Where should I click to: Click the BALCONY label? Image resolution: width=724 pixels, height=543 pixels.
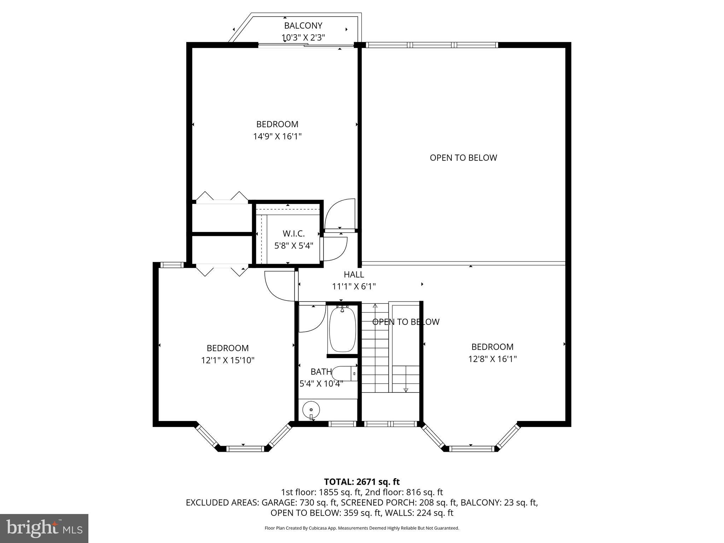pos(303,25)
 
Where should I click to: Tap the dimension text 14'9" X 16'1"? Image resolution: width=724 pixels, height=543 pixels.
pos(277,136)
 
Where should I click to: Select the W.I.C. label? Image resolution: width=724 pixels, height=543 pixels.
pos(293,233)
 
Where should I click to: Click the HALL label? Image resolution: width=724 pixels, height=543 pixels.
pos(354,274)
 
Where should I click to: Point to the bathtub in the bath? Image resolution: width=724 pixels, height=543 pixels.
pos(342,329)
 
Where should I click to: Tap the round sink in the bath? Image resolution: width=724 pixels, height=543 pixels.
pos(311,410)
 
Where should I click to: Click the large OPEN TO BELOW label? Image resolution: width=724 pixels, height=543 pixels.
pos(463,158)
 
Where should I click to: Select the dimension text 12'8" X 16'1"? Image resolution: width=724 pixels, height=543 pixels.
pos(492,359)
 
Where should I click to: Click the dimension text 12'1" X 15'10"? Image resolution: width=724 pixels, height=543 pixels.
pos(228,360)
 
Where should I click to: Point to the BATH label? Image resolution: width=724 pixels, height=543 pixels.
pos(321,372)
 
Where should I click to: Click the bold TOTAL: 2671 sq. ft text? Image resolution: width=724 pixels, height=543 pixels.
pos(362,481)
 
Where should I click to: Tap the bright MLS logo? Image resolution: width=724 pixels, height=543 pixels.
pos(44,529)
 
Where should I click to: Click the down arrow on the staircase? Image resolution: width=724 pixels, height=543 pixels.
pos(405,390)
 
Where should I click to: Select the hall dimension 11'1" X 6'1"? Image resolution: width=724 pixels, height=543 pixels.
pos(354,286)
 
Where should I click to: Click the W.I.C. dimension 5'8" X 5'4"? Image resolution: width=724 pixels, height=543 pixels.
pos(293,245)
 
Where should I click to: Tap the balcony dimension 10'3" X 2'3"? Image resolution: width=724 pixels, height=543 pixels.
pos(303,37)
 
